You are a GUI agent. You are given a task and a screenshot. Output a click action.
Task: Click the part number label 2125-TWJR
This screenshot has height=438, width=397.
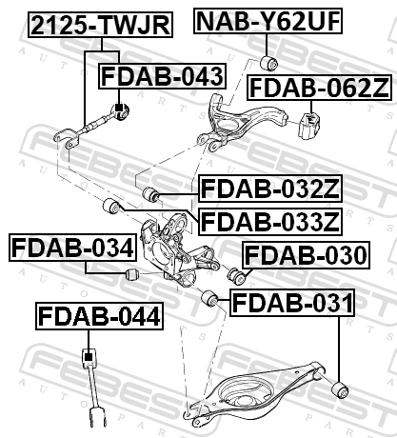tap(101, 25)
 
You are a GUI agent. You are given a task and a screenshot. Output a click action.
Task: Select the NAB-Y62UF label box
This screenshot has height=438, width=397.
tap(268, 21)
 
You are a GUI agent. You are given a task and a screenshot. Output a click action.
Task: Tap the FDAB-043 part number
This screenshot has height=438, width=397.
tap(163, 76)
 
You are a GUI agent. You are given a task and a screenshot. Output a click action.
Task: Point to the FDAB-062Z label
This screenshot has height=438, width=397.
tap(319, 88)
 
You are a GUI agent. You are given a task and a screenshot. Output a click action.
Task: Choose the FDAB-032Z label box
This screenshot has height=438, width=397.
tap(270, 189)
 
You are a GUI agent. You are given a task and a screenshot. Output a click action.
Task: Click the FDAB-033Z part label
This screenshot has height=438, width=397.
tap(270, 222)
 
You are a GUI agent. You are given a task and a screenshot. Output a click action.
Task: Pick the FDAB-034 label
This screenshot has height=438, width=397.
tap(72, 248)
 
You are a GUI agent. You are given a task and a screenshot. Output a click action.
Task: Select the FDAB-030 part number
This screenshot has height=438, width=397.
tap(306, 255)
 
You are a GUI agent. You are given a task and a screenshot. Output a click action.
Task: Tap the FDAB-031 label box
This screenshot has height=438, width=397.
tap(292, 303)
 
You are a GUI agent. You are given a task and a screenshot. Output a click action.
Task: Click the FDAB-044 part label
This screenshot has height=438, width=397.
tap(99, 316)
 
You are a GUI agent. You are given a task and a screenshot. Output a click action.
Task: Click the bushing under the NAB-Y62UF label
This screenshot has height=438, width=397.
tap(268, 62)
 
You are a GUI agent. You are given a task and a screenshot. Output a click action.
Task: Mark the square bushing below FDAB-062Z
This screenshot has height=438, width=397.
tap(309, 126)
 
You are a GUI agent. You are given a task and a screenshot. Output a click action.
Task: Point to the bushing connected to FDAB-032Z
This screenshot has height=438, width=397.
tap(150, 194)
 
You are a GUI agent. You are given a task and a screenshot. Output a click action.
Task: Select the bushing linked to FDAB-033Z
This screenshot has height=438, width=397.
tap(111, 206)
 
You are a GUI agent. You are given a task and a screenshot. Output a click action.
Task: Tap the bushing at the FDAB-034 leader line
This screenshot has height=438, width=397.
tap(131, 274)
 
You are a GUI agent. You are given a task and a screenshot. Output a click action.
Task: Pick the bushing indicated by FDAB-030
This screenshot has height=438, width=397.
tap(236, 276)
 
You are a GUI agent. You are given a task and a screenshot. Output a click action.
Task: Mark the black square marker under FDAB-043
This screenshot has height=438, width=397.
tap(119, 108)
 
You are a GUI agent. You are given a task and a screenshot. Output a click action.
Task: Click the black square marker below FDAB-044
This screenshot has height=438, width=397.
tap(89, 357)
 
